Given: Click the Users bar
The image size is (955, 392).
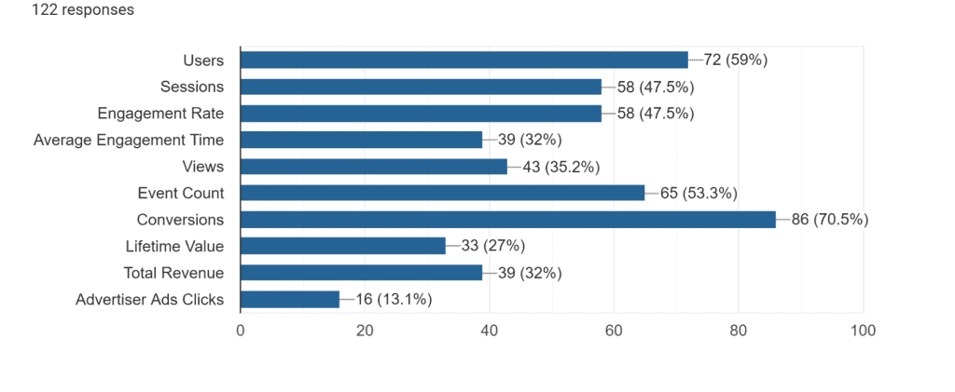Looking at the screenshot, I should click(464, 61).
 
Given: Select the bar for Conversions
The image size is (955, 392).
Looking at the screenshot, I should click(507, 220).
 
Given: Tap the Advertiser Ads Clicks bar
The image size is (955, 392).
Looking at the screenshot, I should click(290, 300).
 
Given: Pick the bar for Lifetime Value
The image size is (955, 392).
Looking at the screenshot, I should click(342, 247).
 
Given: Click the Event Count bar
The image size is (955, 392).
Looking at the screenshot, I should click(442, 194).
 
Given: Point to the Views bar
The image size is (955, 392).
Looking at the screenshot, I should click(373, 167).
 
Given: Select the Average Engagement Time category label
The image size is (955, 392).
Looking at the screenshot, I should click(129, 141).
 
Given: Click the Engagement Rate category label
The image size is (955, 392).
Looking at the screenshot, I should click(160, 114).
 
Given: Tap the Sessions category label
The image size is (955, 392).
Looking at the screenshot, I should click(192, 87).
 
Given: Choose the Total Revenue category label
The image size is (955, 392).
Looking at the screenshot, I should click(173, 273).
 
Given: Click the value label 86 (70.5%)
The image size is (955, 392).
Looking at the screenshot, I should click(830, 220).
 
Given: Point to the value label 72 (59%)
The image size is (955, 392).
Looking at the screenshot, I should click(735, 61).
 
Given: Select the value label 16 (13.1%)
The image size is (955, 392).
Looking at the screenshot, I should click(394, 300).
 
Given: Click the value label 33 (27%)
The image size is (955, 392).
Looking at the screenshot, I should click(493, 247).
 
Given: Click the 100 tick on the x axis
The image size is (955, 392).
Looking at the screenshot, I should click(863, 331).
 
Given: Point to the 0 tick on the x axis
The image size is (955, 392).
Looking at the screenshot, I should click(241, 331).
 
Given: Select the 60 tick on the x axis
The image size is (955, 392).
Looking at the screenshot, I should click(614, 331).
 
